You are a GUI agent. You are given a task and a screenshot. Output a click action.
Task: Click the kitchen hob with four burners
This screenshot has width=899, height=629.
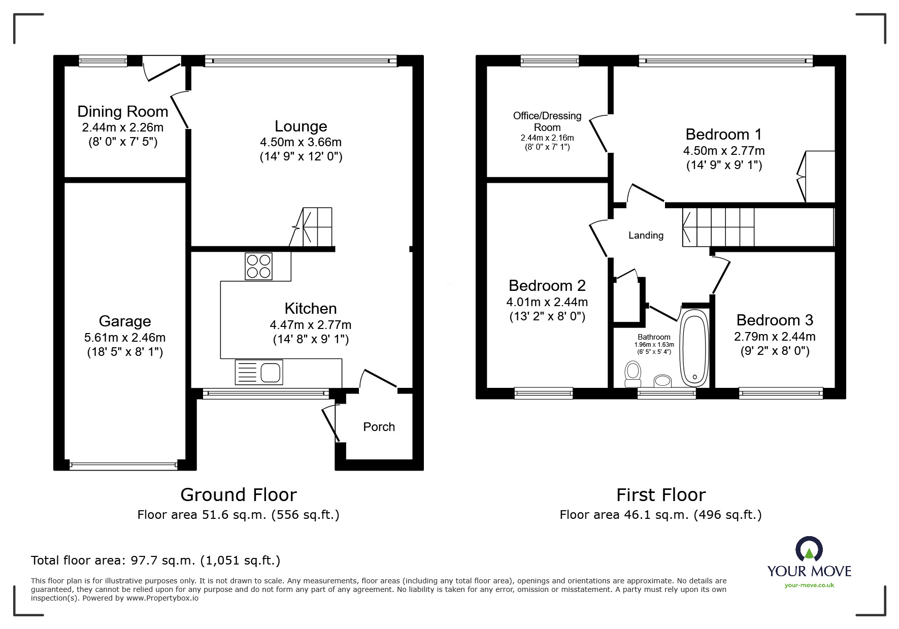click(258, 267)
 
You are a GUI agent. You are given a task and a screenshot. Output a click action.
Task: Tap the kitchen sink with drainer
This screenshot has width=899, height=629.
click(259, 372)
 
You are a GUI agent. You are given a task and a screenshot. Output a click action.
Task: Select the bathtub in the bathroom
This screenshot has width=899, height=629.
click(694, 348)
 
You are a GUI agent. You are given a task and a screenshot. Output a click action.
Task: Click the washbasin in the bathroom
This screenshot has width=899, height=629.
click(662, 381)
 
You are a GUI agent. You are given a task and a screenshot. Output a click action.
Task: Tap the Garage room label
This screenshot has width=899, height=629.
click(125, 321)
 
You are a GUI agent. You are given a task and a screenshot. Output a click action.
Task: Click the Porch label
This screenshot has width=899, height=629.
click(379, 427)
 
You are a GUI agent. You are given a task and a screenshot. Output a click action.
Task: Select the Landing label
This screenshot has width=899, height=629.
click(646, 235)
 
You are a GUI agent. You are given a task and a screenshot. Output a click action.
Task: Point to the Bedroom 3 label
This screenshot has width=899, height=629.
click(775, 320)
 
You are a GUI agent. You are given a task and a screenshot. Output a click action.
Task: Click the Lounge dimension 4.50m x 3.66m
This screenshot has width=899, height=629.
click(301, 142)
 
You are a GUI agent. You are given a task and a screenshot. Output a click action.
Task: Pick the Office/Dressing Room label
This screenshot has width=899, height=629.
click(547, 121)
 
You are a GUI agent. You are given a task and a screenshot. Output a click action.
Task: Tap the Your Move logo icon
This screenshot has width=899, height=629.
click(809, 549)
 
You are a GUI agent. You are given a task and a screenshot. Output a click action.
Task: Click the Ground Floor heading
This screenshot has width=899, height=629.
click(239, 494)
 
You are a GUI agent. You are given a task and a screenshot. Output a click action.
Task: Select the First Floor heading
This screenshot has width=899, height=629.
click(661, 494)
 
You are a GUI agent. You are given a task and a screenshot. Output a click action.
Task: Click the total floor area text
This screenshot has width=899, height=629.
click(156, 560)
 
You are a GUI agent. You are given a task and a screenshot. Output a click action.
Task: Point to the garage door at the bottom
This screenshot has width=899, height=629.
click(123, 465)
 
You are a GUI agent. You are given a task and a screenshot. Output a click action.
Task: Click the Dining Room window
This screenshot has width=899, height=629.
click(103, 61)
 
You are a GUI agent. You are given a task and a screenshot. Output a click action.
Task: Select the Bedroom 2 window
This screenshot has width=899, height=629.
click(544, 393)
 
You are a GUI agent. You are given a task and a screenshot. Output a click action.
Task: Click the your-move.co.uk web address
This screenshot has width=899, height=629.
click(809, 585)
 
